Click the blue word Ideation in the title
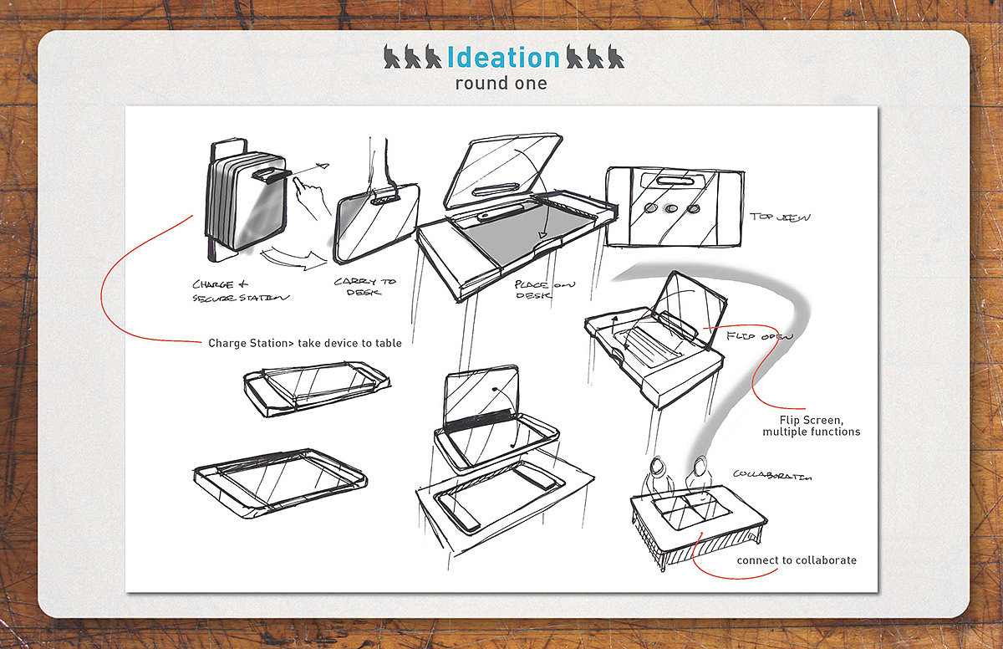503,57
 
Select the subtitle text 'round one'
501,84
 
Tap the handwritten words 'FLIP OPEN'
759,336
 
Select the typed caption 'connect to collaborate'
797,560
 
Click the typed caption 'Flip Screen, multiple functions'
811,426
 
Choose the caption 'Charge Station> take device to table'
304,343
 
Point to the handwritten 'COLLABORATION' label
772,475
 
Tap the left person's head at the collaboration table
657,463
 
